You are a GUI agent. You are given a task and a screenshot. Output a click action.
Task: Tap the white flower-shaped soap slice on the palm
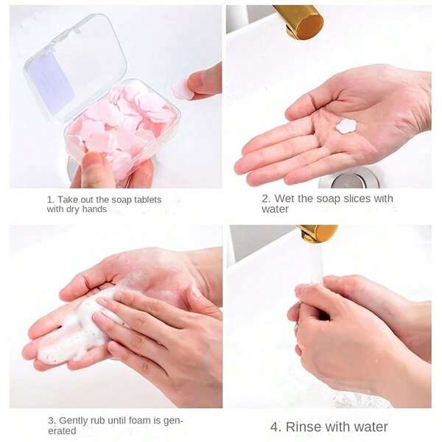click(x=346, y=126)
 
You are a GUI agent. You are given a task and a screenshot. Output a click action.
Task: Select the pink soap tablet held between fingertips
click(x=183, y=88)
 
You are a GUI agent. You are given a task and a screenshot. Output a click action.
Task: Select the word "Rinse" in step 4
click(x=306, y=427)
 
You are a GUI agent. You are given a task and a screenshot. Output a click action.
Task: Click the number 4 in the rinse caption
click(x=275, y=427)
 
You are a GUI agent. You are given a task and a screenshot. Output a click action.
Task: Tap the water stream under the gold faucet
click(x=314, y=265)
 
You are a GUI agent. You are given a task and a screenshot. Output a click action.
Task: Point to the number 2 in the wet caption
click(x=265, y=199)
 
